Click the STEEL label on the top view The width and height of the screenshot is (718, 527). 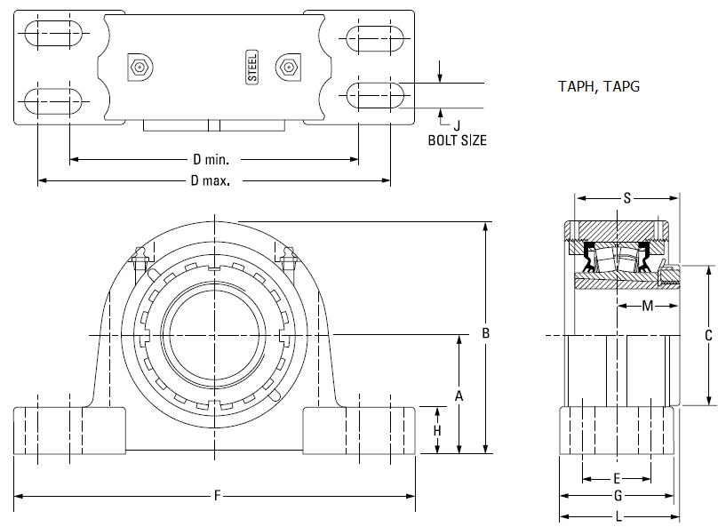(252, 68)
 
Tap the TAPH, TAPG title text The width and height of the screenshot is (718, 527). (599, 86)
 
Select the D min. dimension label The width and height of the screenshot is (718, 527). (211, 159)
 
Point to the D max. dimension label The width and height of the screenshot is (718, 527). (211, 181)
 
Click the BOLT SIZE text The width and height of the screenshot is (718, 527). (457, 140)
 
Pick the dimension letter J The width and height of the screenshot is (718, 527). (457, 125)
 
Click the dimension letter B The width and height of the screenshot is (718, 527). (486, 333)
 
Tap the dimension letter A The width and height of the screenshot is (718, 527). (459, 396)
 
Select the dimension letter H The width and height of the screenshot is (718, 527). (437, 430)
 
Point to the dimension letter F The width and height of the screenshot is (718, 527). (218, 495)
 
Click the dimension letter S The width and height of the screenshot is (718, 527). (626, 198)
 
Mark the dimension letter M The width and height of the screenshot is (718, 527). (648, 306)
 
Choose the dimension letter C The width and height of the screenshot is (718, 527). (708, 336)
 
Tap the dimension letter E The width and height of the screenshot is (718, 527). (617, 479)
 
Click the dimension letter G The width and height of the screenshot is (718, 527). (618, 495)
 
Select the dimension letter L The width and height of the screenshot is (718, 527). (618, 517)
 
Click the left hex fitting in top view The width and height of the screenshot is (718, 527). (140, 68)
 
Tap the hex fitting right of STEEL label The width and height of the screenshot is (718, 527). (288, 68)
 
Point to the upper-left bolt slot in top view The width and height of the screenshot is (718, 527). (53, 33)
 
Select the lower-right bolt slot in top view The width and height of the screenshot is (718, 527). (375, 95)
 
